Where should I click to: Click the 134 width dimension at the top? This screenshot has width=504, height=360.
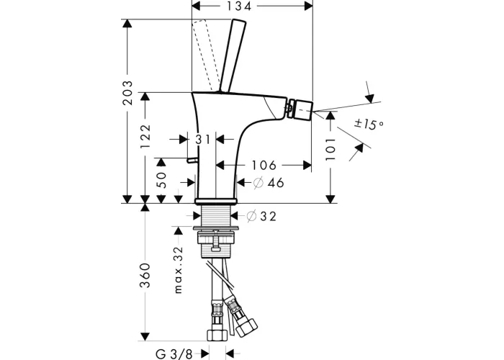click(x=238, y=6)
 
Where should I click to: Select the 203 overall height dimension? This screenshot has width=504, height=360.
click(x=127, y=93)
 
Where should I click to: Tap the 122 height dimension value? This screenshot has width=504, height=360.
click(x=145, y=136)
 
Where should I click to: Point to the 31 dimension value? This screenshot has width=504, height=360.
click(x=203, y=140)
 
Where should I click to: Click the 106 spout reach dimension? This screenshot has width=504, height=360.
click(x=264, y=165)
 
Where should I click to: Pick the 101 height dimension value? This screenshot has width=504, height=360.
click(x=330, y=150)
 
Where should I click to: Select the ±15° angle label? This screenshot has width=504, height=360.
click(x=369, y=124)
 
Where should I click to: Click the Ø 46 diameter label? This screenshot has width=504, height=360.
click(x=269, y=183)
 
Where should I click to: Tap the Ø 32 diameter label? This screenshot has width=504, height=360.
click(x=261, y=216)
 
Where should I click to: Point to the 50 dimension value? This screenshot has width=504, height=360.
click(x=163, y=180)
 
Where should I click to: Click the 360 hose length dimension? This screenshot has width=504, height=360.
click(x=145, y=276)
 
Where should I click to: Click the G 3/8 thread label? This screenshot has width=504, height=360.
click(x=174, y=354)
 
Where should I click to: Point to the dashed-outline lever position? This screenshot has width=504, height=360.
click(x=205, y=55)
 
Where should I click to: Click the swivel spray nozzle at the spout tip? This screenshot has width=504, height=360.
click(x=300, y=109)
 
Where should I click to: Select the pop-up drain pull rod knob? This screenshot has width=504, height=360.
click(x=192, y=160)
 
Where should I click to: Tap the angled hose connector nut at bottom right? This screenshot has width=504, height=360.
click(x=246, y=327)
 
